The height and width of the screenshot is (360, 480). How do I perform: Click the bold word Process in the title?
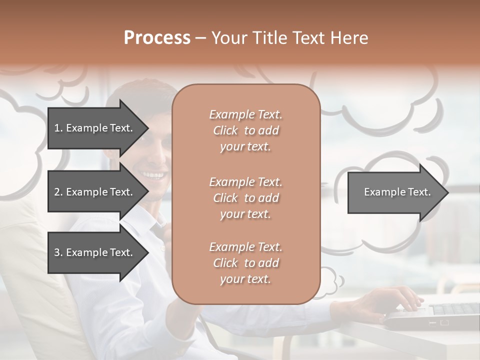(157, 38)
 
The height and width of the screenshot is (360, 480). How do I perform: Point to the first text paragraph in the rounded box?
(245, 130)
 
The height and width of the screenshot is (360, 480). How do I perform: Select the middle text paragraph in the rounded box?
(245, 198)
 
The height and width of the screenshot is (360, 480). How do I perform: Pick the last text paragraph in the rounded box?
(245, 263)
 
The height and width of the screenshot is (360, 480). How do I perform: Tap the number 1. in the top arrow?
(58, 128)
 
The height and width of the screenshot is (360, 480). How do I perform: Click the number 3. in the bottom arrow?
(58, 252)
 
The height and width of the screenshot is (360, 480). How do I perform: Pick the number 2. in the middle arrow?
(58, 192)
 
